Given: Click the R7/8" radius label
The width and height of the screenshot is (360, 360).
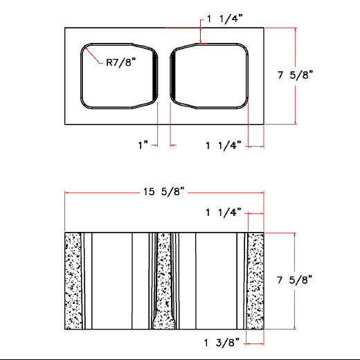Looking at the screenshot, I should point(121,62).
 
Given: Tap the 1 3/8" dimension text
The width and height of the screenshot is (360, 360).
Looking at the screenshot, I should point(222,342).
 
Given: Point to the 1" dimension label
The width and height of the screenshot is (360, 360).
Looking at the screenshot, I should point(143,145).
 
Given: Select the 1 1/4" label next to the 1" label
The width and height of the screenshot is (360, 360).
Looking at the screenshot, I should point(223,145).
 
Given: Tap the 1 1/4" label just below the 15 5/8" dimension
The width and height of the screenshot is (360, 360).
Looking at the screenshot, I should point(223,212).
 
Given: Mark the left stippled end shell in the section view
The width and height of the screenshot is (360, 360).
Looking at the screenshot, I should point(73,281).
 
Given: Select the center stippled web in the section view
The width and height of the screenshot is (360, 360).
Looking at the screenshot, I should point(163,281).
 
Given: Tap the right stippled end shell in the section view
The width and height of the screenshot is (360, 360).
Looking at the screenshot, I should point(256,281).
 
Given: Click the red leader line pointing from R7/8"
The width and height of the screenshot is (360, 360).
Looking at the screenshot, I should point(94,54).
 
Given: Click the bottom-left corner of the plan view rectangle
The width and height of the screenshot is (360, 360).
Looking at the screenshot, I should point(65,124).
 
